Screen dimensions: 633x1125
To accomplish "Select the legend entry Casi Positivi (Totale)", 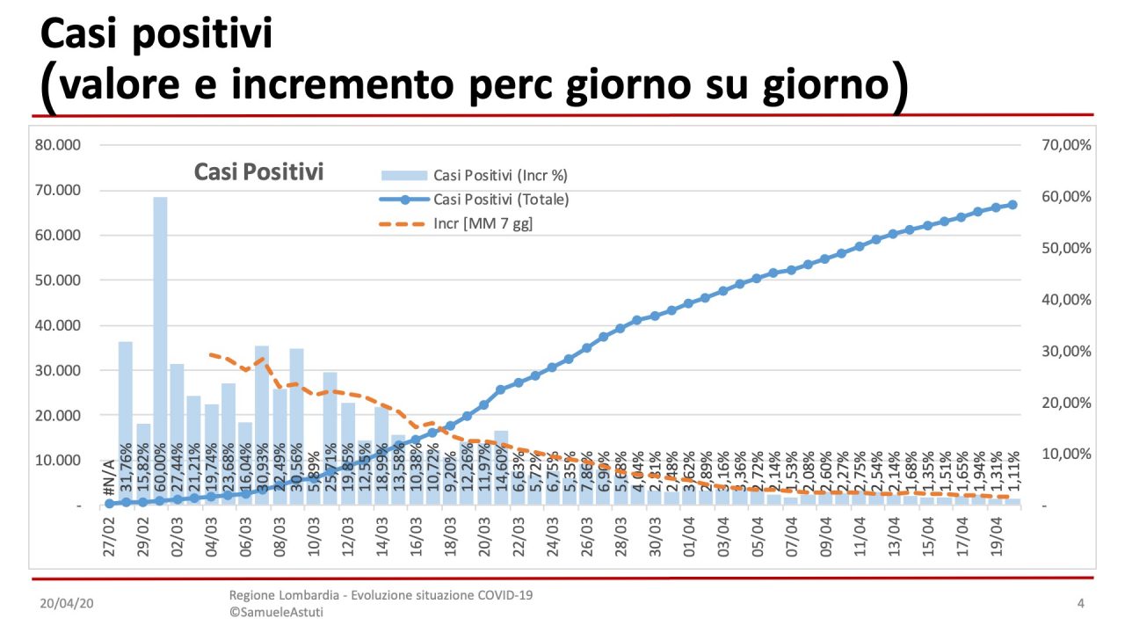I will [501, 200].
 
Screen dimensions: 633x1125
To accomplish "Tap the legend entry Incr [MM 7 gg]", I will [483, 224].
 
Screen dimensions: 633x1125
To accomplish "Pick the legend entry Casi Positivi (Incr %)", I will [500, 175].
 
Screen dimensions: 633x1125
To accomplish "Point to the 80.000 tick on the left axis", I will [57, 145].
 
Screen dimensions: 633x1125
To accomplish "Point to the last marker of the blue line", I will [1012, 205].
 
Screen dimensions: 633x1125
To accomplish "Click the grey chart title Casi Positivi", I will [258, 172].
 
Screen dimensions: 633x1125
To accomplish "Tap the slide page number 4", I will [1080, 603].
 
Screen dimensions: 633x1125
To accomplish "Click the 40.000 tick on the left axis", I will [57, 325].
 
